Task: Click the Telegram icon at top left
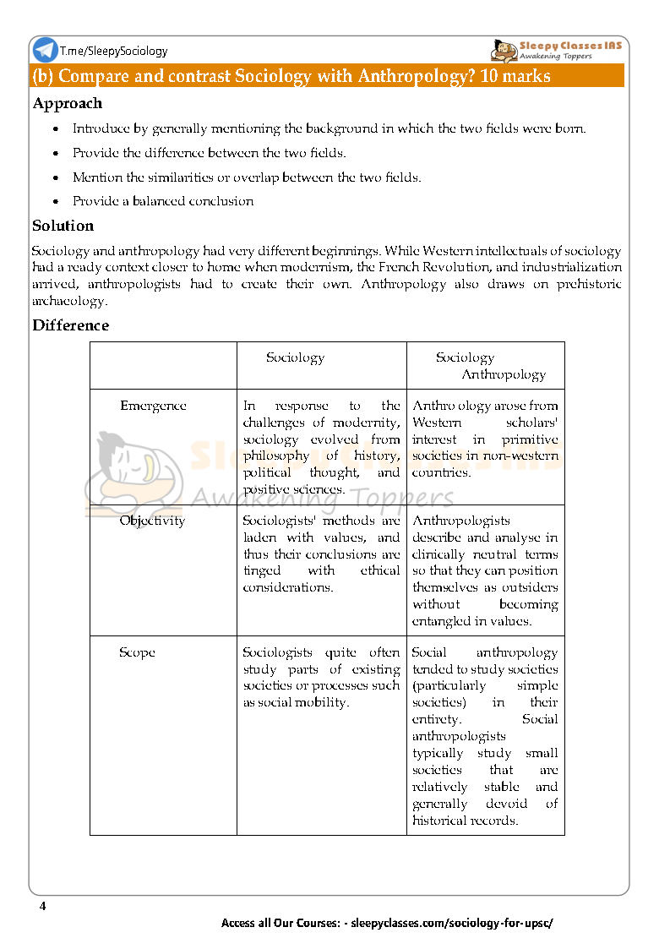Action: (x=45, y=50)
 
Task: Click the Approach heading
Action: (x=67, y=104)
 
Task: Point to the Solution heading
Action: (x=63, y=226)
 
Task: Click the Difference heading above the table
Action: (x=70, y=325)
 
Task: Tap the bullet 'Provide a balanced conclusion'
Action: (x=162, y=201)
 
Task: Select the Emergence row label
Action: (x=153, y=406)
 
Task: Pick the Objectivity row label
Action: (x=152, y=521)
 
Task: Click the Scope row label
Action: (x=137, y=652)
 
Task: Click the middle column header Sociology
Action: (x=295, y=357)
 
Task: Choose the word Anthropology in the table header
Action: (x=504, y=374)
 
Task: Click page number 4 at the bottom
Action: (x=42, y=907)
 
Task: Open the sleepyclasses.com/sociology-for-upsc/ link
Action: (x=451, y=923)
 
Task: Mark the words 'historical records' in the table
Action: (x=465, y=820)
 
